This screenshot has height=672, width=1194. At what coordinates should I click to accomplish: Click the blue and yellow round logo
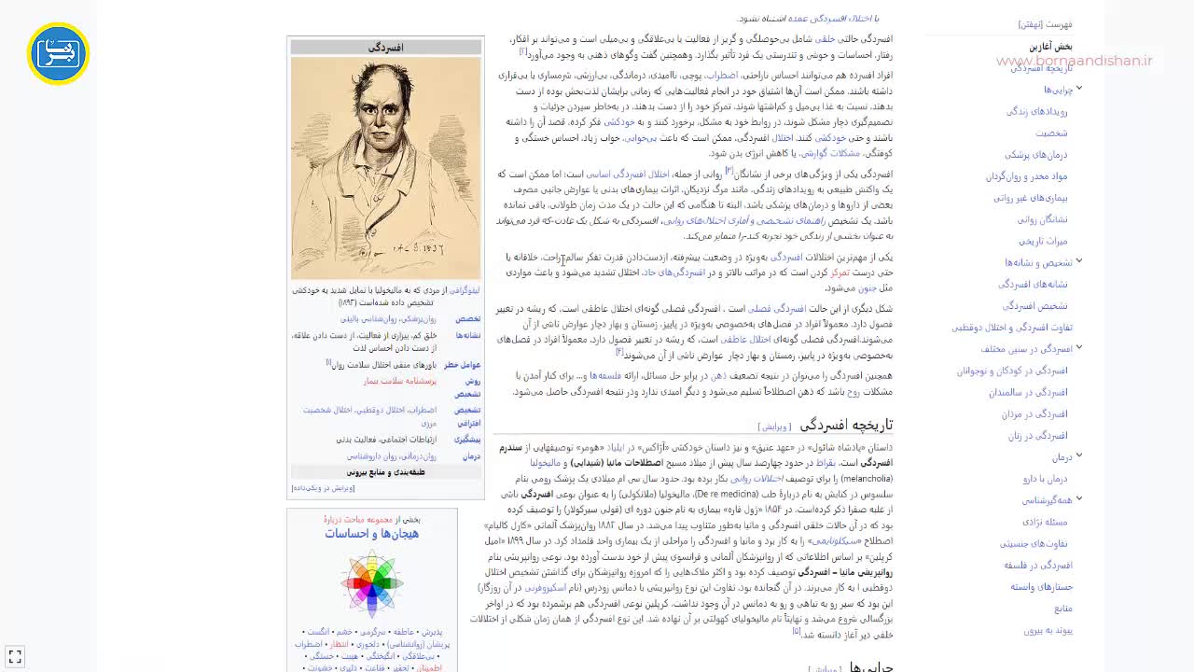(x=58, y=53)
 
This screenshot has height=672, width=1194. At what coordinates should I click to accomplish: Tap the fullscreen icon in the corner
(x=14, y=657)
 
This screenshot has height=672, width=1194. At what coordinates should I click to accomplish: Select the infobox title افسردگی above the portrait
(x=385, y=48)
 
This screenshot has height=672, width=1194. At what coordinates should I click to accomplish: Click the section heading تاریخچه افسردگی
(x=846, y=425)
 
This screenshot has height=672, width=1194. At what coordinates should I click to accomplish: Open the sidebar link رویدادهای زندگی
(x=1036, y=111)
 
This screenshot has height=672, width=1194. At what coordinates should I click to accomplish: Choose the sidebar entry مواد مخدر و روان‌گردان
(x=1026, y=176)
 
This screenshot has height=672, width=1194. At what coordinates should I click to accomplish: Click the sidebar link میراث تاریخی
(x=1043, y=241)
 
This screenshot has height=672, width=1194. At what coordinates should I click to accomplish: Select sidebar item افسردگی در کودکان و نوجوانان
(x=1011, y=371)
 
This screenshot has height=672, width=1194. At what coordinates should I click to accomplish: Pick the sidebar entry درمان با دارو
(x=1045, y=479)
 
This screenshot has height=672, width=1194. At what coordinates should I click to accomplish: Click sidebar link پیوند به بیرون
(x=1048, y=630)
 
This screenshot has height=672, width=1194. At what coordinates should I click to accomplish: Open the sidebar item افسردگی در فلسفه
(x=1038, y=565)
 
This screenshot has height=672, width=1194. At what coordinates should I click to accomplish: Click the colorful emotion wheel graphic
(x=371, y=583)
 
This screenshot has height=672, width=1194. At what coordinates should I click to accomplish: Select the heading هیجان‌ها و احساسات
(x=371, y=534)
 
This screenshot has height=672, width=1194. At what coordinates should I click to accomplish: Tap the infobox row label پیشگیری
(x=467, y=439)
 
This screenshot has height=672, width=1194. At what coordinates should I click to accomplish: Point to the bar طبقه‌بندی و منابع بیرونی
(x=385, y=472)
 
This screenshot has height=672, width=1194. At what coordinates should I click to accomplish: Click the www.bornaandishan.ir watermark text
(x=1074, y=62)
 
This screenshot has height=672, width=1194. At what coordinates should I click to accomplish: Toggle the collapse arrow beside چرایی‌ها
(x=1079, y=89)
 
